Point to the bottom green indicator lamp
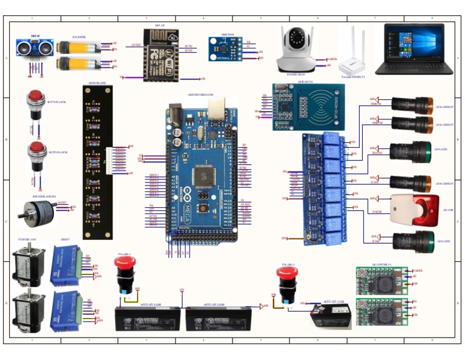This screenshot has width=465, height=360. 413,242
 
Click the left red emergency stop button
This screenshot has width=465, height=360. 125,273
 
